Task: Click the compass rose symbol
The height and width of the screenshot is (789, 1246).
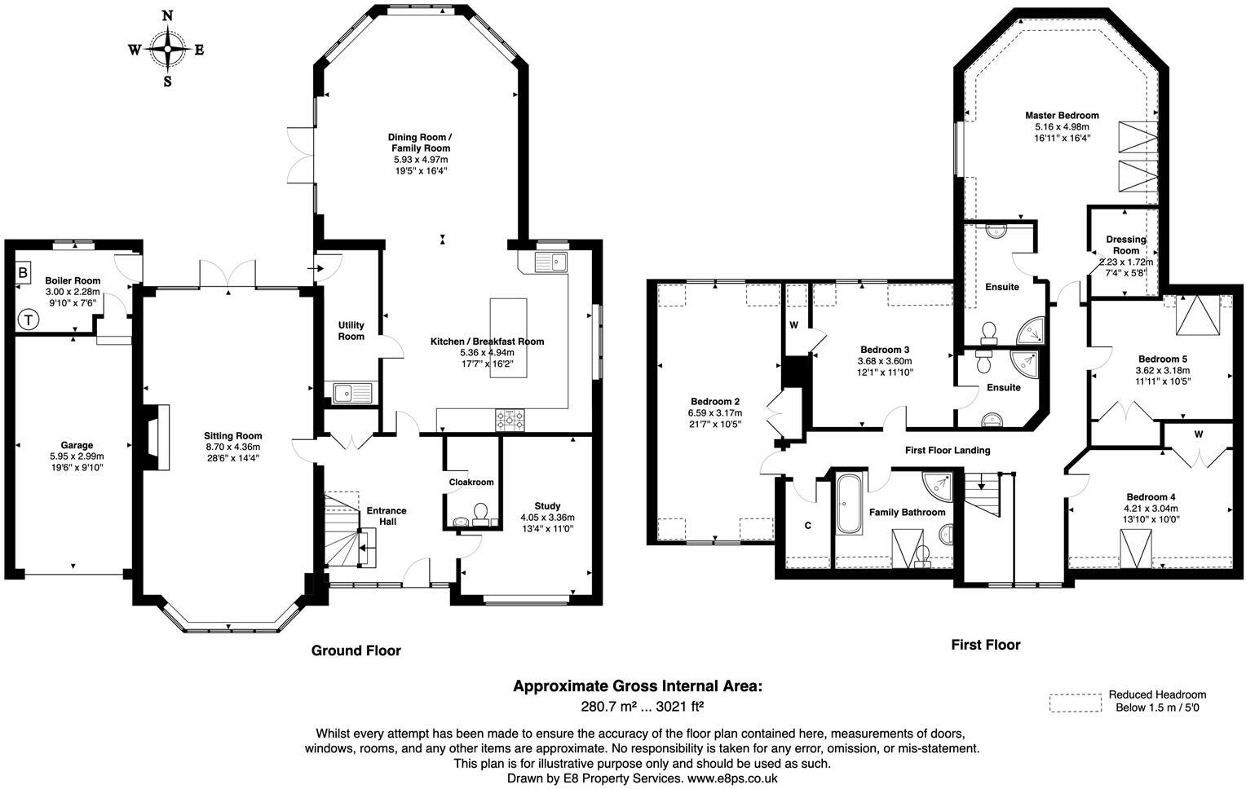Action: coord(167,49)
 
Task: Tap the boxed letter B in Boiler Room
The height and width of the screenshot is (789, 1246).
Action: coord(24,272)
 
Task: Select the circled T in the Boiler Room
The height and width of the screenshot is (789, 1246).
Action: coord(29,320)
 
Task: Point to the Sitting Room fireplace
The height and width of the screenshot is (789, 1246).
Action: coord(157,437)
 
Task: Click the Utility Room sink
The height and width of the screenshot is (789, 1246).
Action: coord(351,394)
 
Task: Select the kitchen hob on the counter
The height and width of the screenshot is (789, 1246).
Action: coord(510,419)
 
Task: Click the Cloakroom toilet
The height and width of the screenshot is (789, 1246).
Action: coord(480,512)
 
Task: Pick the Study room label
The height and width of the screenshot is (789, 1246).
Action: coord(547,506)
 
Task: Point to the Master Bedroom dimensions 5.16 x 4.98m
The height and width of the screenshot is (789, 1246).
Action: coord(1062,127)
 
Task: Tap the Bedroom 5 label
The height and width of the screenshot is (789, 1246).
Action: coord(1162,359)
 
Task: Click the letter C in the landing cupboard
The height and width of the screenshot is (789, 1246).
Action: coord(808,526)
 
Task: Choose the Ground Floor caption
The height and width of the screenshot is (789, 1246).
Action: coord(356,650)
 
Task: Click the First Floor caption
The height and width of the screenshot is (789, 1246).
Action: coord(985,645)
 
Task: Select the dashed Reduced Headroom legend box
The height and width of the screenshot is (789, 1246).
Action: coord(1075,703)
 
